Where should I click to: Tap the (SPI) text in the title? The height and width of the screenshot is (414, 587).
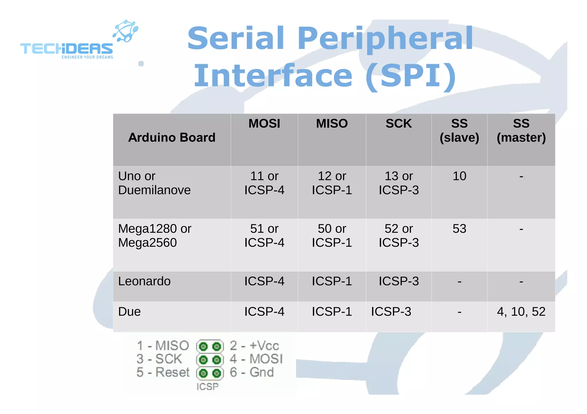(x=411, y=76)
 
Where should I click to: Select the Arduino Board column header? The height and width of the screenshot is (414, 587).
(x=172, y=138)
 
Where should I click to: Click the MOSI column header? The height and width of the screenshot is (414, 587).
(x=264, y=124)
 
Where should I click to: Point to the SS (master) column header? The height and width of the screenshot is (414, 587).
(x=521, y=130)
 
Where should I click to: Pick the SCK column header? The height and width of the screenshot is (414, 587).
(x=398, y=124)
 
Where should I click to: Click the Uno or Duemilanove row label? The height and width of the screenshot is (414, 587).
(x=154, y=183)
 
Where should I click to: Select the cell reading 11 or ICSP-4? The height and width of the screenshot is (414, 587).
(x=264, y=183)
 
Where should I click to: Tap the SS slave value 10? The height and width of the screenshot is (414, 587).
(x=459, y=176)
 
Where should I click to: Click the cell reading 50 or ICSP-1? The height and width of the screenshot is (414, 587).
(x=332, y=235)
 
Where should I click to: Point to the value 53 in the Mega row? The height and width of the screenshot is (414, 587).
(x=459, y=229)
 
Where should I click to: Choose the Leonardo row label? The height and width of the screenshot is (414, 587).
(x=144, y=281)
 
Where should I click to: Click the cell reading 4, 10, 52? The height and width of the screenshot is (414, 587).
(x=521, y=312)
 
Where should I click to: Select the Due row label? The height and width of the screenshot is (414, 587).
(x=129, y=312)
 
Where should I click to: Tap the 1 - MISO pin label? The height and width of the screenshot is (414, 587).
(x=163, y=346)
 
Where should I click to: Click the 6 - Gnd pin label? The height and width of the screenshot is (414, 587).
(x=252, y=372)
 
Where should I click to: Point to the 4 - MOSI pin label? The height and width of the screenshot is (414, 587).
(x=256, y=359)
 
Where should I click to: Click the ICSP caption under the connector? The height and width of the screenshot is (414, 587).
(x=207, y=387)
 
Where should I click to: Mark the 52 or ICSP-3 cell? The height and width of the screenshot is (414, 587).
(x=398, y=235)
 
